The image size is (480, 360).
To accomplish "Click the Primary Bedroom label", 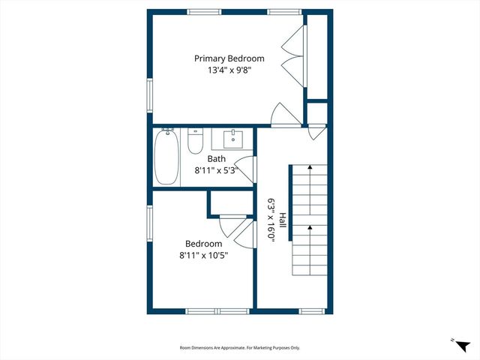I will point(229,58).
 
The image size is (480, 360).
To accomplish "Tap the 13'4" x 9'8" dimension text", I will point(229,70).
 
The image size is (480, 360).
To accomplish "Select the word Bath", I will point(216,158).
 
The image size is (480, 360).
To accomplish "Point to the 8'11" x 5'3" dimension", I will point(216,170).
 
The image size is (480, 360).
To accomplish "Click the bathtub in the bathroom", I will point(166,156).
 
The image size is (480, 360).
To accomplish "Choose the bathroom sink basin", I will point(233,138).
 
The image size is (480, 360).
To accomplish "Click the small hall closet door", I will point(318,132).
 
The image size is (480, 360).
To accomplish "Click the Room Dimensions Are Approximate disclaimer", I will point(240,347).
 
